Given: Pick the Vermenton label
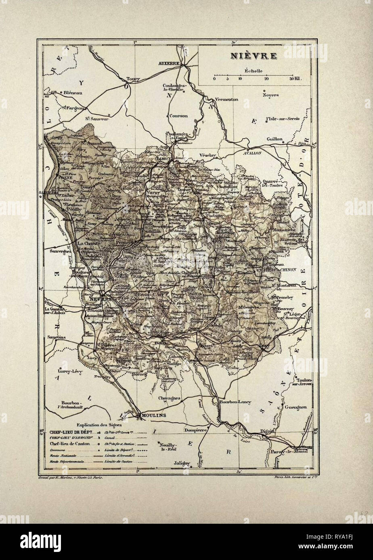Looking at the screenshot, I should click(x=226, y=99).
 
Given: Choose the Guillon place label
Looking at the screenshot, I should click(x=275, y=139).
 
